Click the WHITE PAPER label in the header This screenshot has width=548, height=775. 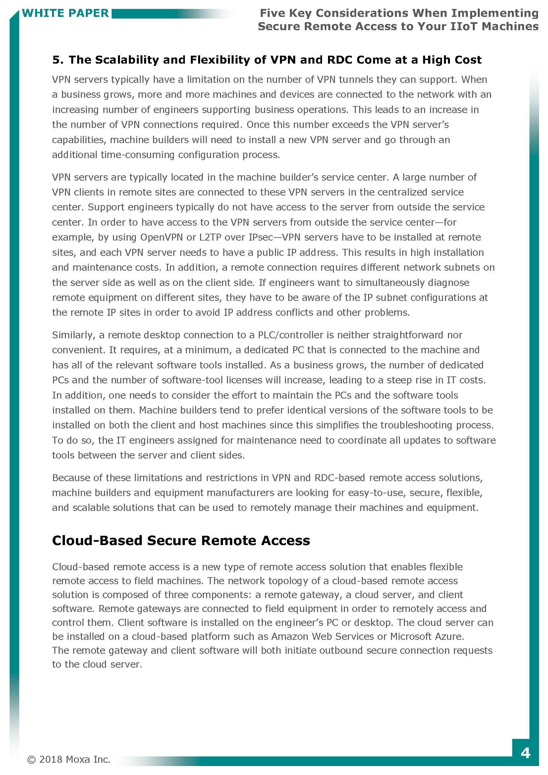65,13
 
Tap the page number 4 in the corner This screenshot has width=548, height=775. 525,753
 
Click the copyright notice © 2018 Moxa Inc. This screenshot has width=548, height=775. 69,759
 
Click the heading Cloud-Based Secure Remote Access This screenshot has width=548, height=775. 181,540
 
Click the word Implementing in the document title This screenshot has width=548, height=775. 495,13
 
